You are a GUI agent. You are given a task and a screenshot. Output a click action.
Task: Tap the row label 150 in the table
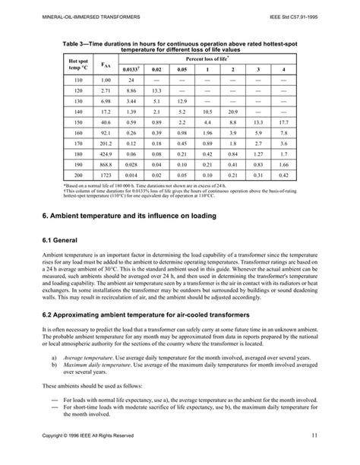tap(78, 122)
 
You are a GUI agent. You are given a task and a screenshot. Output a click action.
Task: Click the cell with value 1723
tap(106, 175)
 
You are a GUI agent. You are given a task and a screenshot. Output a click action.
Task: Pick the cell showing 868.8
tap(106, 164)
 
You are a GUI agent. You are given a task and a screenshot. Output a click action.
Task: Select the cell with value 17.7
tap(283, 122)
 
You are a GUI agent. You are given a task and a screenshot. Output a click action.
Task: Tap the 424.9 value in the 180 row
tap(106, 153)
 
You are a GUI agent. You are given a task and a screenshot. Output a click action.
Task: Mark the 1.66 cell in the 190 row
tap(283, 164)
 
